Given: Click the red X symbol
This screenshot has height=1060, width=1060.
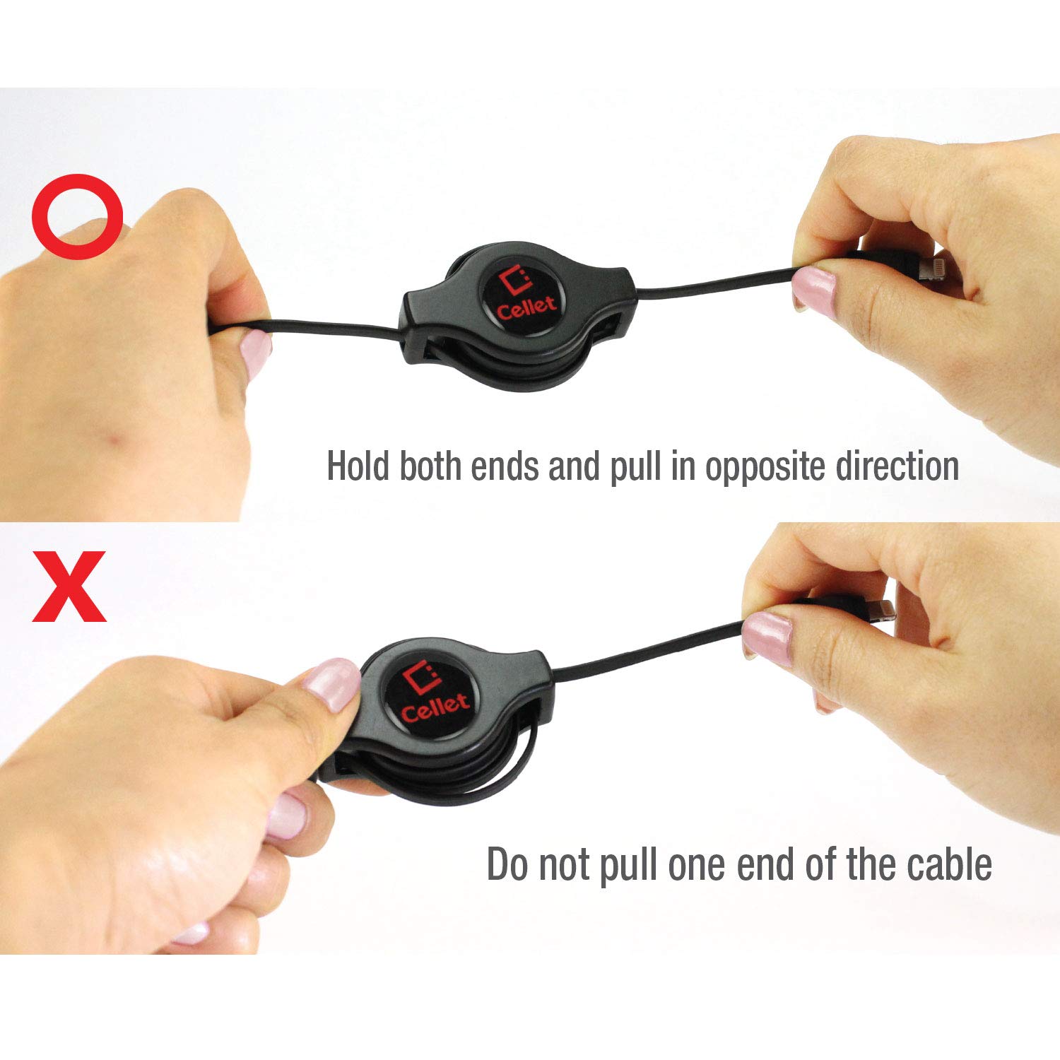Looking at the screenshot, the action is point(70,587).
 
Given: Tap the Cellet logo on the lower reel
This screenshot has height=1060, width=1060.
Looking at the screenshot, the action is point(433,694).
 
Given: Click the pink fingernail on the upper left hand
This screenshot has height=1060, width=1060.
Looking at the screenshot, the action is point(256,351).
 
